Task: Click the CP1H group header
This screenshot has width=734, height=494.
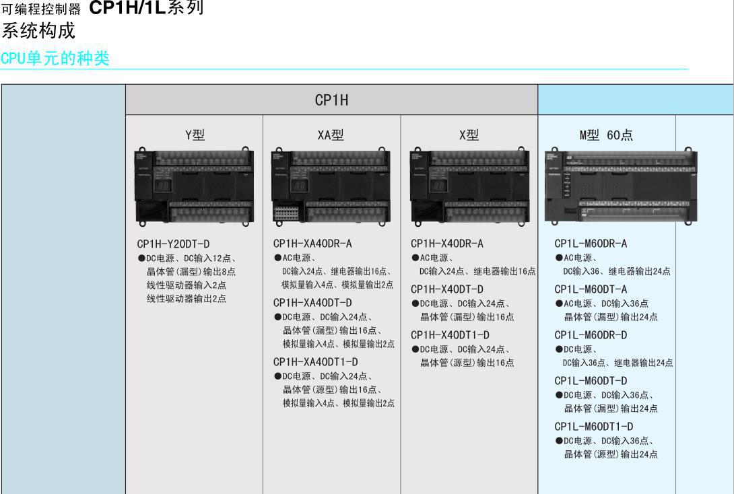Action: coord(331,101)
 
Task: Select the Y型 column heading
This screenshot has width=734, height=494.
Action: coord(195,135)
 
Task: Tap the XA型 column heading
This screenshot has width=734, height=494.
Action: coord(331,135)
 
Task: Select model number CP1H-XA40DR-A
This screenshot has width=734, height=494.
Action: coord(312,244)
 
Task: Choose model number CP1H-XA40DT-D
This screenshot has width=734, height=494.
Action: coord(312,302)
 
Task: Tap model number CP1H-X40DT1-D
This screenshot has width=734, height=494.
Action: coord(449,334)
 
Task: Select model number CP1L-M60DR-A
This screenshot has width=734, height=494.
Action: coord(591,244)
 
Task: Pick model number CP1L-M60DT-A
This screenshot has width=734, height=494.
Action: coord(591,289)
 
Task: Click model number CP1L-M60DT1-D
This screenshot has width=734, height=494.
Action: coord(593,426)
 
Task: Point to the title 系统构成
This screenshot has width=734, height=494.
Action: coord(38,32)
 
